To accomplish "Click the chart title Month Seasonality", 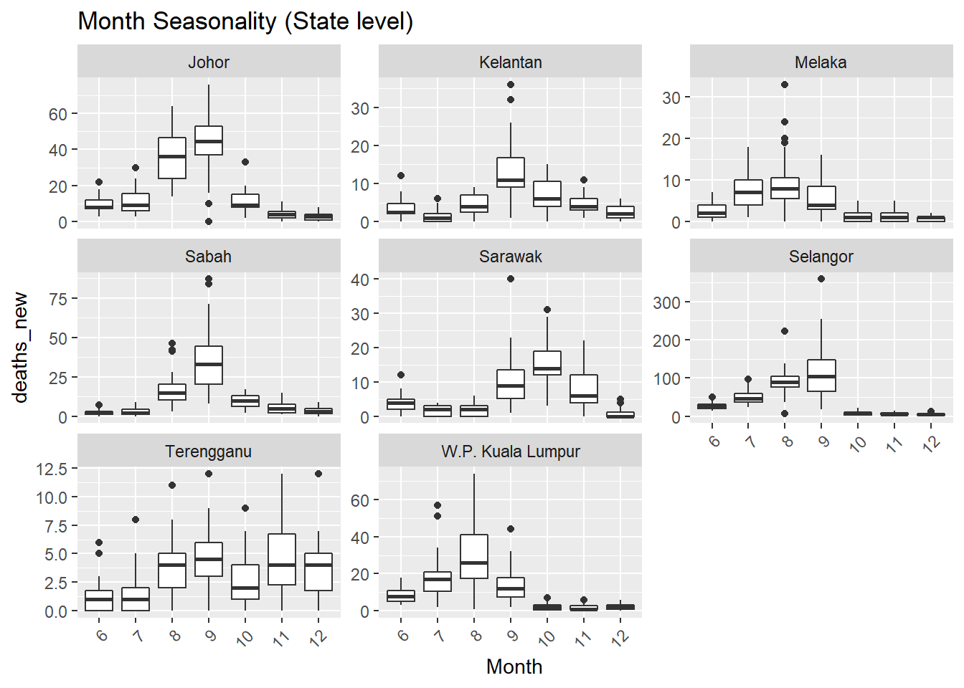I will pos(245,21).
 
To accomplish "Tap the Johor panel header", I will pos(209,62).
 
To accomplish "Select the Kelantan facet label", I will pos(510,62).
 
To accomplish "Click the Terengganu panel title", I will pos(209,451).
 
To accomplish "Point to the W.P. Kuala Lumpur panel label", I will pos(510,451).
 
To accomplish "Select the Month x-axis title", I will pos(514,666).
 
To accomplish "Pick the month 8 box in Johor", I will pos(172,158).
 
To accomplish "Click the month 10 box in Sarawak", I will pos(547,363).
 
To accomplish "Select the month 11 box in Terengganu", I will pos(282,559).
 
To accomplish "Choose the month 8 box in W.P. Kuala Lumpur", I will pos(474,556).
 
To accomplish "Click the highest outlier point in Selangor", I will pos(821,279).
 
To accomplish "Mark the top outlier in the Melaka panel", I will pos(785,85).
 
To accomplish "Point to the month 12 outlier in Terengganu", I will pos(318,474).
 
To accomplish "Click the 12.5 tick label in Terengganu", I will pos(52,469).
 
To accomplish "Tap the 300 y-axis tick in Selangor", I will pos(666,302).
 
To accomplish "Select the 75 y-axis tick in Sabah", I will pos(58,299).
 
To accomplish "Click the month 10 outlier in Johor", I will pos(245,162).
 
